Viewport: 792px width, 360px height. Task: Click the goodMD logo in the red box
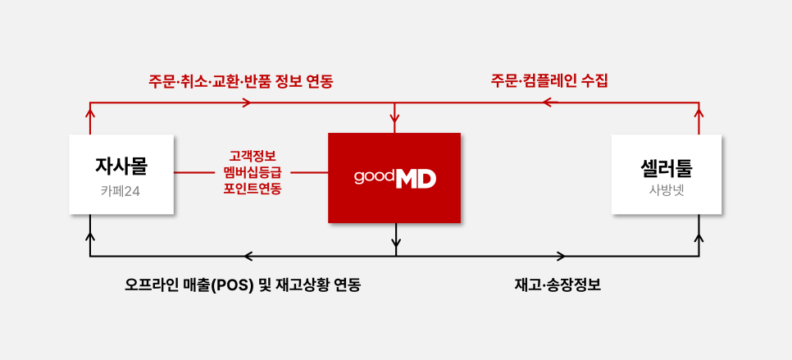tap(394, 178)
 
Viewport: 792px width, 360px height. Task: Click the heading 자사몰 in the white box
tap(121, 166)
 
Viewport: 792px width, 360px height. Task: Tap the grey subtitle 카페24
tap(121, 191)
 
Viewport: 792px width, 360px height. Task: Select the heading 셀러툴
tap(667, 168)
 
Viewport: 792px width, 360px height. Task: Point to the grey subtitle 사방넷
tap(667, 192)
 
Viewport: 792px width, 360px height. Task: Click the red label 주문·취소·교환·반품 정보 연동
tap(240, 81)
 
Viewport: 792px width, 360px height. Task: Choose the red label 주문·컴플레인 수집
tap(549, 81)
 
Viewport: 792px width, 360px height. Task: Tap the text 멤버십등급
tap(252, 172)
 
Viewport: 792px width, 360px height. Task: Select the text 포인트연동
tap(252, 189)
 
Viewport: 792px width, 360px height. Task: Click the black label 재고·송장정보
tap(558, 285)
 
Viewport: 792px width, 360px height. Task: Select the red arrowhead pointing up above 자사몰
tap(90, 113)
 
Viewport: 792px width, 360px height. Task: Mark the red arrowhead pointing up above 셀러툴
tap(699, 113)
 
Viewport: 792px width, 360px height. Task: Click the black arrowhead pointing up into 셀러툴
tap(699, 237)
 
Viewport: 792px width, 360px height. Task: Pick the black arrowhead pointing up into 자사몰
tap(90, 237)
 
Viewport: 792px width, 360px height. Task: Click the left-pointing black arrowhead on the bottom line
tap(248, 257)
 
